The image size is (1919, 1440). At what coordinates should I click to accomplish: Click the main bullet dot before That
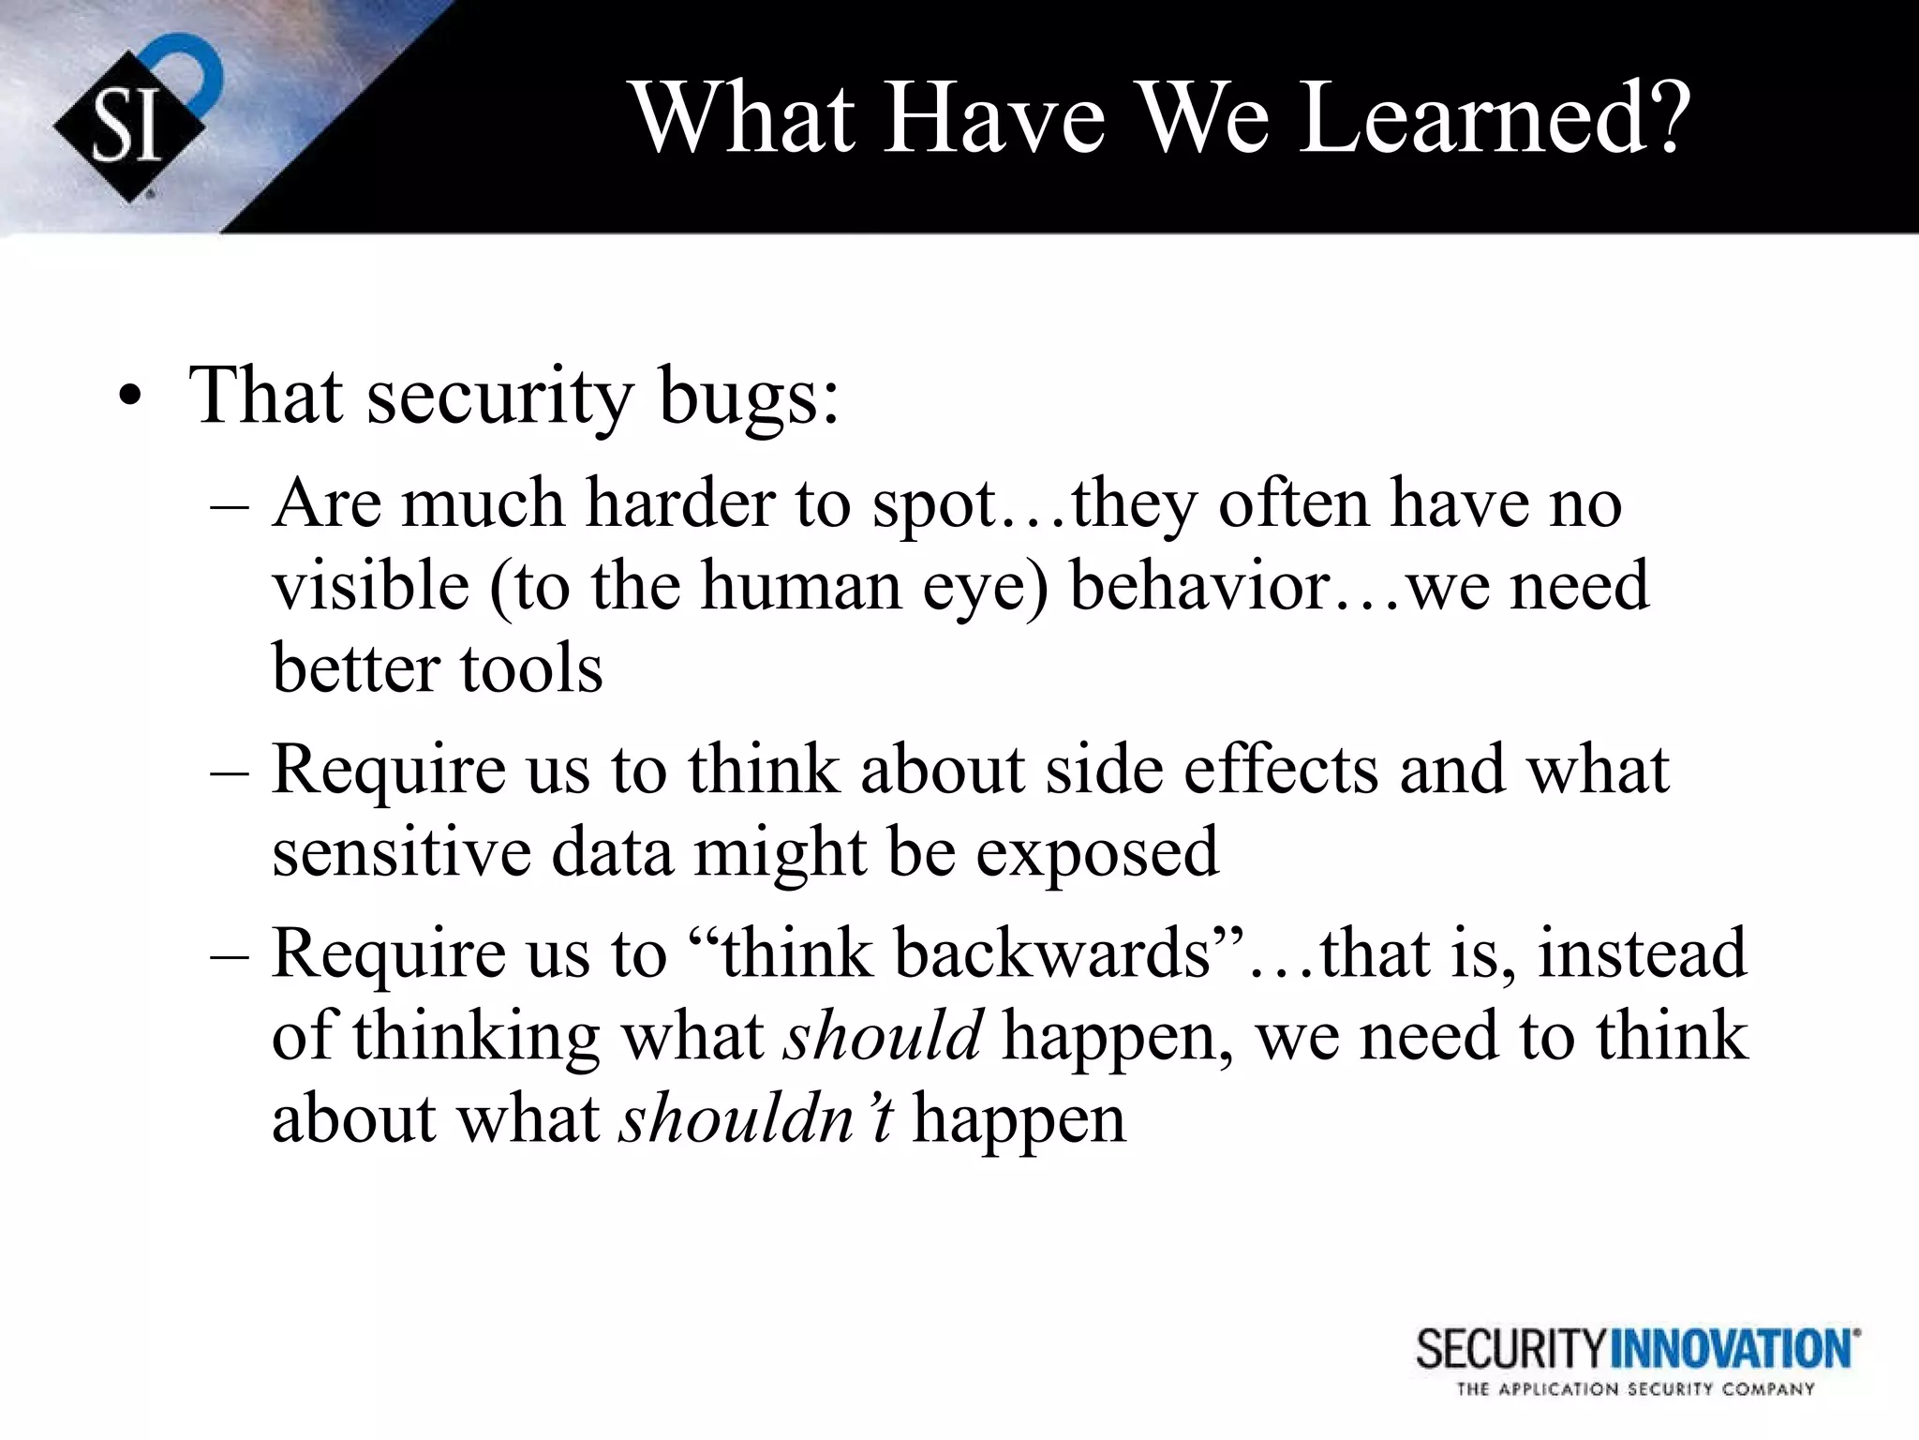pos(130,398)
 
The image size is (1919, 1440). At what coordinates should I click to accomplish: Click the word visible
pos(370,586)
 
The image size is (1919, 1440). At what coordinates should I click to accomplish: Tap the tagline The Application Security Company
pos(1635,1389)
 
